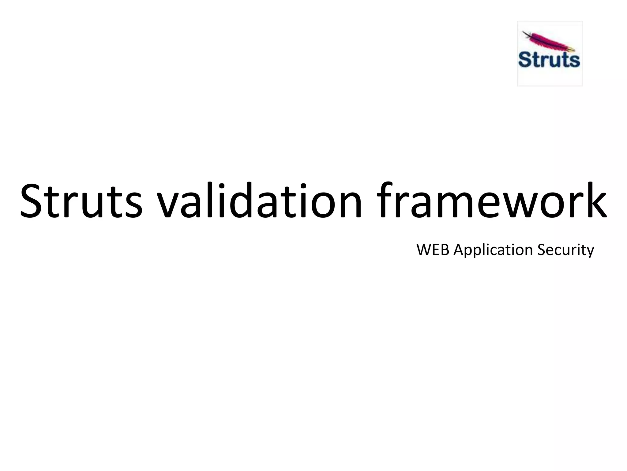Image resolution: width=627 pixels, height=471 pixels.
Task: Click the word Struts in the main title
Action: coord(81,201)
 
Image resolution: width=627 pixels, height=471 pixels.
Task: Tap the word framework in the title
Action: coord(493,201)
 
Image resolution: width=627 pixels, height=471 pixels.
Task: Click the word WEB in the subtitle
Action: coord(433,250)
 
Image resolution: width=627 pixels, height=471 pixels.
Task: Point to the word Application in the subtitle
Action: coord(494,250)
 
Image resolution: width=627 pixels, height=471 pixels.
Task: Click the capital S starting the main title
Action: coord(32,201)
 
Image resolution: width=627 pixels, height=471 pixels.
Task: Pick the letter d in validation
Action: coord(237,201)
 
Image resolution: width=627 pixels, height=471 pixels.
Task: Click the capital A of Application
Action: coord(459,250)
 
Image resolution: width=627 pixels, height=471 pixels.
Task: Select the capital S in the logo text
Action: coord(525,60)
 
